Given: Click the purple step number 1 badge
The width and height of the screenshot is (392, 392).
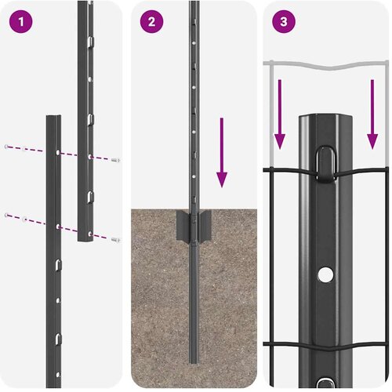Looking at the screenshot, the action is (x=21, y=21).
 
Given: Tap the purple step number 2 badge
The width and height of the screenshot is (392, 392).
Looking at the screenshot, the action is (x=151, y=21).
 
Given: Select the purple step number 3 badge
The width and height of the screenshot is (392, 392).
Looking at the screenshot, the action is (x=284, y=21).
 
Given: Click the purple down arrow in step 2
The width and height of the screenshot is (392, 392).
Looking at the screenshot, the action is (x=222, y=153).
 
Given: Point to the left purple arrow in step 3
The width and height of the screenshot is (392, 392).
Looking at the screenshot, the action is (x=280, y=114).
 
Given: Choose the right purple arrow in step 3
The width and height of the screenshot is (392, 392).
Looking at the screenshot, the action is (x=372, y=114).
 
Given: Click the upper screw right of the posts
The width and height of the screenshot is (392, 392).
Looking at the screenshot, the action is (x=115, y=160).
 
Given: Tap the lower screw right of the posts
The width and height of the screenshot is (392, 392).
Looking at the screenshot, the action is (x=115, y=239).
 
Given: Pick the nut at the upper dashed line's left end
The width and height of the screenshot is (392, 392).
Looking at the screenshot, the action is (x=6, y=147).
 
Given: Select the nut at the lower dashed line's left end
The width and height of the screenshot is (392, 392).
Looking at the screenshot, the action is (x=6, y=215).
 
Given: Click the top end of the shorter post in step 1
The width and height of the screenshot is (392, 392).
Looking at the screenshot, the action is (x=54, y=116).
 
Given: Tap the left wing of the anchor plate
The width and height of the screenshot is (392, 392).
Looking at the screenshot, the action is (x=183, y=226).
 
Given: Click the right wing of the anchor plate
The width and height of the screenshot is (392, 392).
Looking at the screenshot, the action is (x=205, y=226).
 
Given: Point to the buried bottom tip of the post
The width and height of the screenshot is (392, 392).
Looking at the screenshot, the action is (x=194, y=362).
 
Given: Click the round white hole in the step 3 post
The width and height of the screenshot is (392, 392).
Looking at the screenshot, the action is (x=325, y=274).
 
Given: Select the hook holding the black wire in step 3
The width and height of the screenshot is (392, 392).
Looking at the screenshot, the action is (x=325, y=163).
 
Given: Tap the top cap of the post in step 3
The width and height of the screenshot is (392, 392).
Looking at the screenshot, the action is (x=325, y=117).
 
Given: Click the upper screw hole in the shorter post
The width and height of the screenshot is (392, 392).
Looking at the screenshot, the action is (x=58, y=152).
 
